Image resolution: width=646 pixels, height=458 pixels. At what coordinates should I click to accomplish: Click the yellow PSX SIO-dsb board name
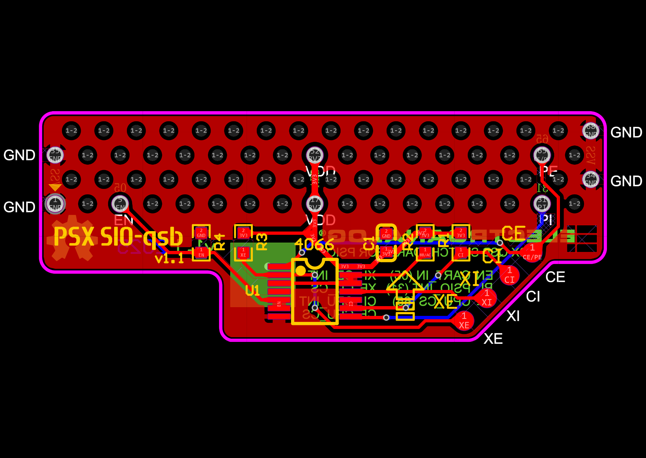[x=118, y=236]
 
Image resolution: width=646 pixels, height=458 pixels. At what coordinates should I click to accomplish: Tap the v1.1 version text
[x=169, y=258]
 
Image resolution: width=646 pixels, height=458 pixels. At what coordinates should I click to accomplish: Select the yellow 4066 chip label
[x=314, y=244]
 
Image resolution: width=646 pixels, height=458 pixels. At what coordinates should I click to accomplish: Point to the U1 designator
[x=252, y=290]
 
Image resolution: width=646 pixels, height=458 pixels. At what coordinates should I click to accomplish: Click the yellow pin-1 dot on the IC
[x=300, y=270]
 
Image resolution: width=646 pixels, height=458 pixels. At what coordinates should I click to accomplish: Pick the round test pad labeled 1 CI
[x=509, y=275]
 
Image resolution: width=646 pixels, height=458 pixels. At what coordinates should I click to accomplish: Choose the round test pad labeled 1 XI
[x=487, y=298]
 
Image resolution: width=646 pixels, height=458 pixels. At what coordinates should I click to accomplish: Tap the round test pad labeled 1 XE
[x=464, y=321]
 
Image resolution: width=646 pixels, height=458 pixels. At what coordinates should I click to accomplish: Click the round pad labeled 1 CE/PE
[x=532, y=252]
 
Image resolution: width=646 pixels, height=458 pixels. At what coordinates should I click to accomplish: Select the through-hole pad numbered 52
[x=315, y=155]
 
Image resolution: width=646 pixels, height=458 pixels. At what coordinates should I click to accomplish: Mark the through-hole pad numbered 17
[x=315, y=204]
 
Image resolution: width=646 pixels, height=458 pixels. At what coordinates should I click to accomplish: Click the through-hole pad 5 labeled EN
[x=120, y=204]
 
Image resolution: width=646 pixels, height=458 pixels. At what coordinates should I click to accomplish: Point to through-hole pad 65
[x=542, y=155]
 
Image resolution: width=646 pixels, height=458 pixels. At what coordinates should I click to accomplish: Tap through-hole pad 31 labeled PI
[x=542, y=204]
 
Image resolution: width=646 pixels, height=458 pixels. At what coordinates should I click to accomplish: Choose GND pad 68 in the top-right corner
[x=591, y=131]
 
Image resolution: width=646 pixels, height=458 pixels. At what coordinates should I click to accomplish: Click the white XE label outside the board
[x=493, y=339]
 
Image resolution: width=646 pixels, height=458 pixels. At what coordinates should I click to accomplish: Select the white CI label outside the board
[x=533, y=297]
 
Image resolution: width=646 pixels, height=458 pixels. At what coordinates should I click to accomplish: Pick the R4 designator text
[x=219, y=242]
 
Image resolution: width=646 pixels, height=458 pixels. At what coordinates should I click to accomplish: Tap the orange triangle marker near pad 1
[x=55, y=187]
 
